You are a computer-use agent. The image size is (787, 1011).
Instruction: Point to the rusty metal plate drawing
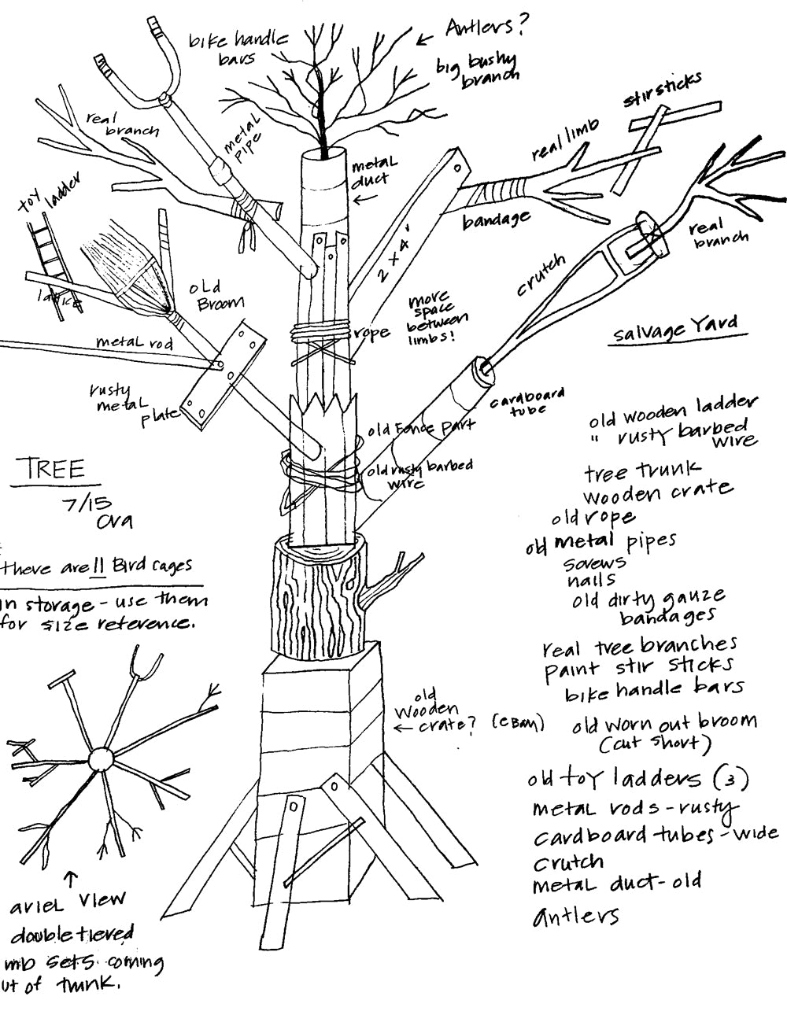(221, 375)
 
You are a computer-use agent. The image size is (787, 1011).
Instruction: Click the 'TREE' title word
(54, 470)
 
